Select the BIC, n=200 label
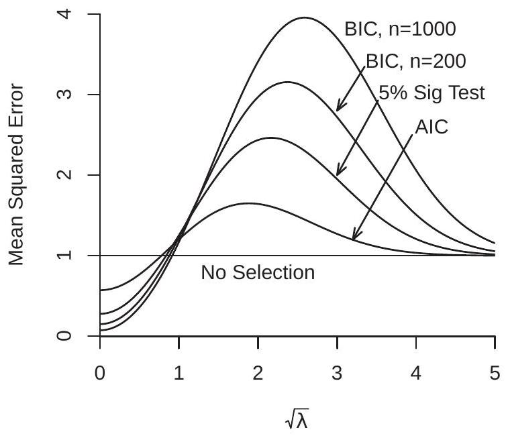click(415, 60)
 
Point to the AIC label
click(432, 127)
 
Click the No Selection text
click(258, 273)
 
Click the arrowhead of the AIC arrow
click(354, 238)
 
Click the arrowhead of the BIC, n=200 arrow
click(338, 109)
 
